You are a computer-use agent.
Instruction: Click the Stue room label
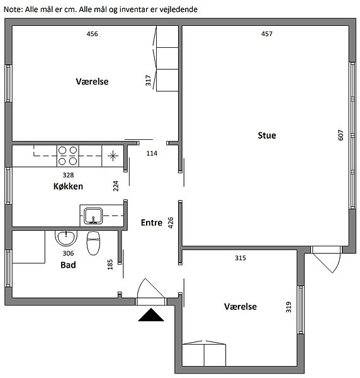(x=267, y=135)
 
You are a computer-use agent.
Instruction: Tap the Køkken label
(x=68, y=186)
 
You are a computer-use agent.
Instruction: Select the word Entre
(x=152, y=222)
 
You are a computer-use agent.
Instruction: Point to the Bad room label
(x=68, y=265)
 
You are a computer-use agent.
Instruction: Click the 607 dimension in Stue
(x=340, y=135)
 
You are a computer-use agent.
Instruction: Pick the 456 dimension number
(x=93, y=34)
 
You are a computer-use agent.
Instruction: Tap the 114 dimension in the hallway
(x=152, y=153)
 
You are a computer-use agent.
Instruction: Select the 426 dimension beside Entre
(x=171, y=222)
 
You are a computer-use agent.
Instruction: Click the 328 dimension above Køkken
(x=68, y=175)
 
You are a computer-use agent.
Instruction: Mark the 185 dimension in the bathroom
(x=110, y=265)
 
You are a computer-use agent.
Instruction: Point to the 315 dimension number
(x=240, y=258)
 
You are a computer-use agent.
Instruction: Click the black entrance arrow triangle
(x=151, y=315)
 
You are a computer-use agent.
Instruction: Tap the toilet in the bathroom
(x=93, y=243)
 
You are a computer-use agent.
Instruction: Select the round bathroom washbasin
(x=66, y=238)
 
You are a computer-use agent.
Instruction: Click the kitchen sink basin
(x=93, y=215)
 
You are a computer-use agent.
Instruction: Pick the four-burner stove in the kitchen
(x=68, y=156)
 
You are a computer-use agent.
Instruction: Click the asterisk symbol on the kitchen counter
(x=113, y=156)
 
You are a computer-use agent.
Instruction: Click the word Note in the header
(x=13, y=9)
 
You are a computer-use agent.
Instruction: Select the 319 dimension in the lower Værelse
(x=288, y=307)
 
